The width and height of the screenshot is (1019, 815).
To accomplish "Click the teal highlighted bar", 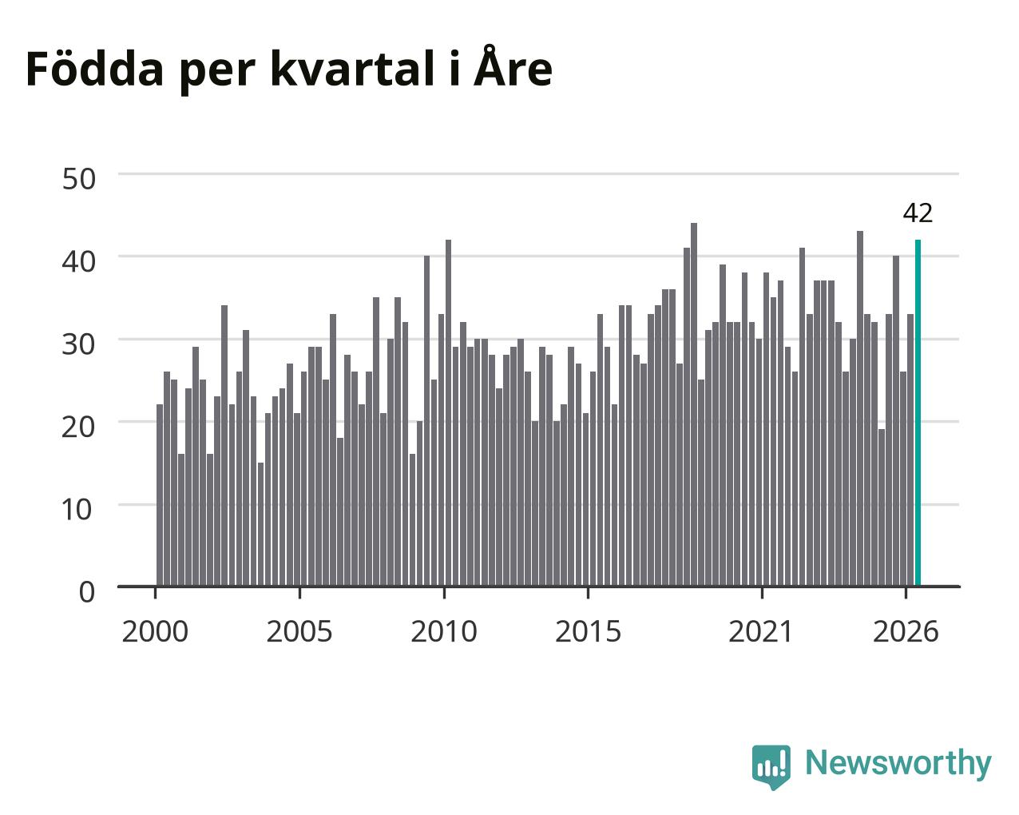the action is tap(918, 413).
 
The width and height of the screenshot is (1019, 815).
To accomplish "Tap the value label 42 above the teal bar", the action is tap(918, 213).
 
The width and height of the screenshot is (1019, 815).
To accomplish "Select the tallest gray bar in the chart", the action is tap(694, 404).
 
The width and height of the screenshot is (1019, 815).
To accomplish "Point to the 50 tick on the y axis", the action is tap(79, 179).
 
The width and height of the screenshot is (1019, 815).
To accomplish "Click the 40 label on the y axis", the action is tap(79, 261).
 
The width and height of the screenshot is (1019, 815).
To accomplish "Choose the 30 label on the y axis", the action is tap(79, 344).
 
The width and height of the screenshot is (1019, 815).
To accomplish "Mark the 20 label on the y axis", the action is tap(79, 427).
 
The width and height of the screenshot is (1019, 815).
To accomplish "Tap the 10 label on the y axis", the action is tap(77, 510).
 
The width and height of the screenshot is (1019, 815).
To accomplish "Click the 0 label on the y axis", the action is tap(87, 592).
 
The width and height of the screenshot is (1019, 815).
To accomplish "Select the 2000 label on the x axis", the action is tap(155, 632).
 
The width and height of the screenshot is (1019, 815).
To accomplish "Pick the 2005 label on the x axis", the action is tap(299, 632).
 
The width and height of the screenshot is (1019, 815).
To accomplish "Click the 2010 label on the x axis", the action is tap(444, 632).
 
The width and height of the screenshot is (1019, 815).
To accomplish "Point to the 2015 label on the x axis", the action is tap(588, 632).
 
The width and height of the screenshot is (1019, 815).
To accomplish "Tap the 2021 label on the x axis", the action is tap(761, 632).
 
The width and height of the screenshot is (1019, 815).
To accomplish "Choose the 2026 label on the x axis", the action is tap(906, 632).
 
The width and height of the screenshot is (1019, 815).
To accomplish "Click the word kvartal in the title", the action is tap(353, 69).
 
